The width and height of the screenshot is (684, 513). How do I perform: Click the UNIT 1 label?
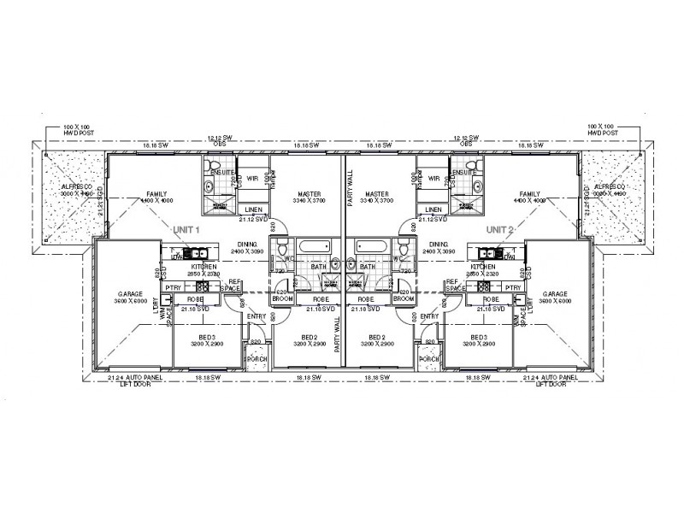click(186, 230)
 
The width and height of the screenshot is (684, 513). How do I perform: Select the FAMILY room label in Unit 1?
click(156, 194)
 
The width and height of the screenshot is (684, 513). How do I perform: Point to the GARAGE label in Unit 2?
click(555, 293)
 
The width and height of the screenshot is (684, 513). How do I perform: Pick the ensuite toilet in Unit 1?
click(210, 185)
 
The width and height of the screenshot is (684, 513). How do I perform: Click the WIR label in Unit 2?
click(434, 180)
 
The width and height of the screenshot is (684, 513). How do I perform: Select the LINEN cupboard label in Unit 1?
click(252, 209)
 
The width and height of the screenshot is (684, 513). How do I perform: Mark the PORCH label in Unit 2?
click(428, 358)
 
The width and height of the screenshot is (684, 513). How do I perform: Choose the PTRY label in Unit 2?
click(513, 288)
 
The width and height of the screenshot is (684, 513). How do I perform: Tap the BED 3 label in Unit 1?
click(208, 338)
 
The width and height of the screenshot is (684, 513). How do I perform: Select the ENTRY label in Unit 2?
click(429, 316)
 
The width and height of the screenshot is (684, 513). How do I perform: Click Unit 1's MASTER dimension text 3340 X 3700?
click(304, 201)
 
